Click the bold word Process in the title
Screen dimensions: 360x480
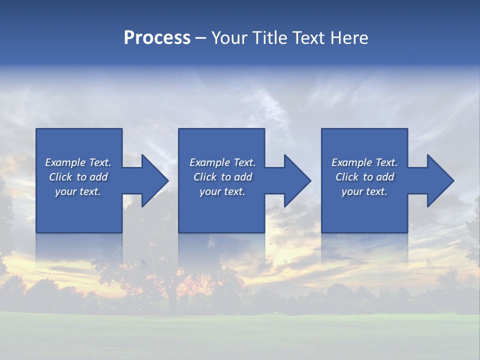coord(157,38)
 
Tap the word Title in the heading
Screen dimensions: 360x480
coord(269,38)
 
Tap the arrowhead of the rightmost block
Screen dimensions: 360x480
coord(439,180)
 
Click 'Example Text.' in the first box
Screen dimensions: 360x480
coord(78,162)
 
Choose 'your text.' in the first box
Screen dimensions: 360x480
coord(78,191)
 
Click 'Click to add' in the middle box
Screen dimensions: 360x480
coord(222,177)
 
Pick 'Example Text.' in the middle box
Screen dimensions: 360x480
coord(222,162)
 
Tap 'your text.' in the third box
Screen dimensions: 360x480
coord(364,191)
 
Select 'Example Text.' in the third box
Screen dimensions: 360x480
coord(364,162)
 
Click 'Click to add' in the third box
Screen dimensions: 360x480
coord(364,177)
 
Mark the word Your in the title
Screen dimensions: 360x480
coord(231,38)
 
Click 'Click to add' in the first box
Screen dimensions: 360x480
coord(78,177)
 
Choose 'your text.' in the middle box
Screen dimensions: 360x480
coord(222,191)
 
